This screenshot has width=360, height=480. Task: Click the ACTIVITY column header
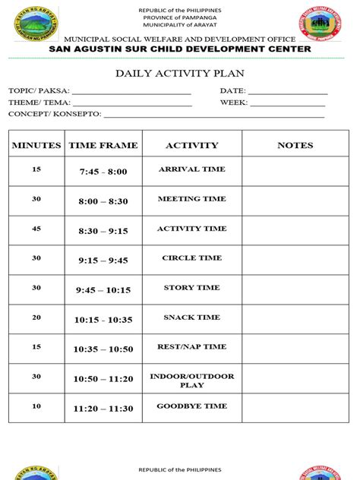192,145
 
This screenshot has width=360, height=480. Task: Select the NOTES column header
295,145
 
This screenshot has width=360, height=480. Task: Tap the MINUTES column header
36,145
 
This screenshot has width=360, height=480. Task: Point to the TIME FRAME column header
103,145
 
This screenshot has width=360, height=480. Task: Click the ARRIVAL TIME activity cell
192,169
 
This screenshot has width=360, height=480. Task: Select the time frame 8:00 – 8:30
103,201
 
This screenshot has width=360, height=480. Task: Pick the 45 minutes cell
36,229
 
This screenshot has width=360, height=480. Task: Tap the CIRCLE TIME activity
192,258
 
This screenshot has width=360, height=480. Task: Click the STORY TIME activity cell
192,288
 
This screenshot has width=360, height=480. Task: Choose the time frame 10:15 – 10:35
103,320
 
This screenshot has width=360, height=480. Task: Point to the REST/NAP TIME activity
192,347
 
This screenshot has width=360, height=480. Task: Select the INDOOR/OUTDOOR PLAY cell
192,381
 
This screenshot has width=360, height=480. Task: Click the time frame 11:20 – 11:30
103,409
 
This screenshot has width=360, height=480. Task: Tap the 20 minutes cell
36,317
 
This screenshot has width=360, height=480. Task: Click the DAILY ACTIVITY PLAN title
180,74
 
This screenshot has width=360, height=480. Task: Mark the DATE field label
233,90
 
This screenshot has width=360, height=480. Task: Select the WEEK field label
234,103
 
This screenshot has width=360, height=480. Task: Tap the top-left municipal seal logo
36,22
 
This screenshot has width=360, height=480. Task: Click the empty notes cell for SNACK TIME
295,319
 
